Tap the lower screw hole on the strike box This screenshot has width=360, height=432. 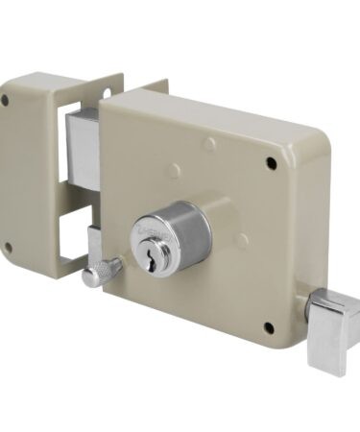9,247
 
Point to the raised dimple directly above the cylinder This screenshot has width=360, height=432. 208,145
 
